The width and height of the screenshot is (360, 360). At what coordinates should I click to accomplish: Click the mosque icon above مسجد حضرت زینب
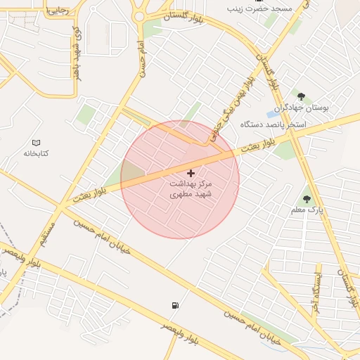coord(259,1)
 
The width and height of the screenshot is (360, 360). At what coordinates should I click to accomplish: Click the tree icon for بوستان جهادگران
coord(301,96)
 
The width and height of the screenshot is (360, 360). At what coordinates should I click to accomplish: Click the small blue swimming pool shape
coord(271,113)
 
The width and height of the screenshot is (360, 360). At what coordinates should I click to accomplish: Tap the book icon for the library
coord(37,142)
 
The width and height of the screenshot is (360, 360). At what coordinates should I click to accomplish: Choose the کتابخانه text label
coord(36,153)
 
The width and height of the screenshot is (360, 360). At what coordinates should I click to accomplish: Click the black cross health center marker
coord(191,172)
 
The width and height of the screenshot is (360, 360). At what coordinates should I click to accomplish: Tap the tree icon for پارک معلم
coord(306,199)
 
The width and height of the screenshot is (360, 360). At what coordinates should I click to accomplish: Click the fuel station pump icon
coord(174,305)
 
